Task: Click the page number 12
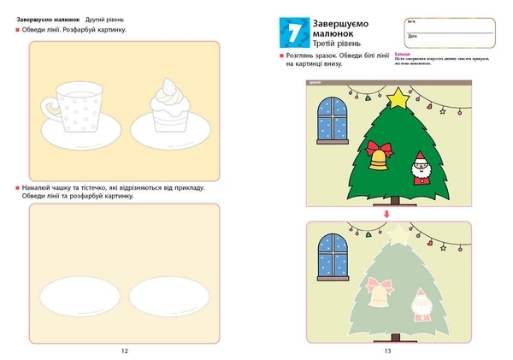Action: [124, 351]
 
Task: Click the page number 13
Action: [387, 351]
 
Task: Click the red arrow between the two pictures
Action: [386, 213]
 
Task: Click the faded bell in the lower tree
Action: [378, 295]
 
